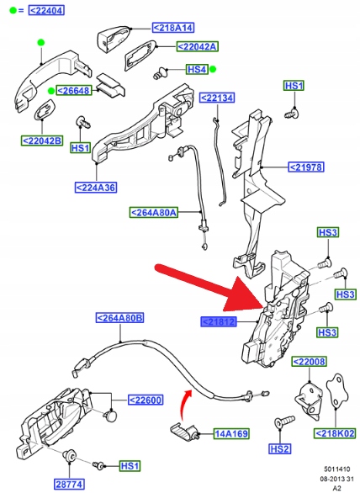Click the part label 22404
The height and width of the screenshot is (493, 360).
[46, 10]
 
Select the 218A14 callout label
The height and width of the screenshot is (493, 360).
[173, 28]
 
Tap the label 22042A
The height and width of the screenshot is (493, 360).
[197, 46]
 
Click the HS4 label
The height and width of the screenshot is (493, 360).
[197, 69]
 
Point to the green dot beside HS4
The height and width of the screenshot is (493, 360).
[213, 69]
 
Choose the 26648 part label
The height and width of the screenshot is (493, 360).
[74, 91]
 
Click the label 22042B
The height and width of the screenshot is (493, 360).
[42, 140]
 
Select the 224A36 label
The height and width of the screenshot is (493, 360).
[96, 188]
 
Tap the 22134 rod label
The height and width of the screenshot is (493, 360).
[217, 98]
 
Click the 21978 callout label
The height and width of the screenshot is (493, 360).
[306, 167]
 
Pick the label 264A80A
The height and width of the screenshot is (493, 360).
[154, 213]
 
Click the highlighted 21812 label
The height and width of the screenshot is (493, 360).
[219, 322]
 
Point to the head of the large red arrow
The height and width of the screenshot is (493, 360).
[263, 305]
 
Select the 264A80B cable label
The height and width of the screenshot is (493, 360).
[119, 318]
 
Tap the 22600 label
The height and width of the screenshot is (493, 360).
[146, 400]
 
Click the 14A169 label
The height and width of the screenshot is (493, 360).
[231, 434]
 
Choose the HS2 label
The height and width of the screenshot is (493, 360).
[280, 449]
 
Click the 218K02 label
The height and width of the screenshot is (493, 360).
[335, 433]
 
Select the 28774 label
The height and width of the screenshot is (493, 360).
[70, 485]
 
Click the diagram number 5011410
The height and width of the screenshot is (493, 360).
[337, 469]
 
